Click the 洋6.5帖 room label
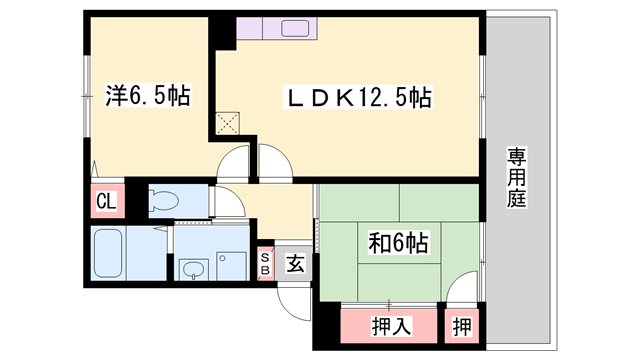(147, 98)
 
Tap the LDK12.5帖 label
(360, 98)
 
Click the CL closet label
(106, 201)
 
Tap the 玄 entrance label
(297, 263)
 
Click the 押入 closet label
(389, 325)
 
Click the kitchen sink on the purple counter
(295, 28)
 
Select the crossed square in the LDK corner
(228, 125)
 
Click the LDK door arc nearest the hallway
(272, 160)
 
